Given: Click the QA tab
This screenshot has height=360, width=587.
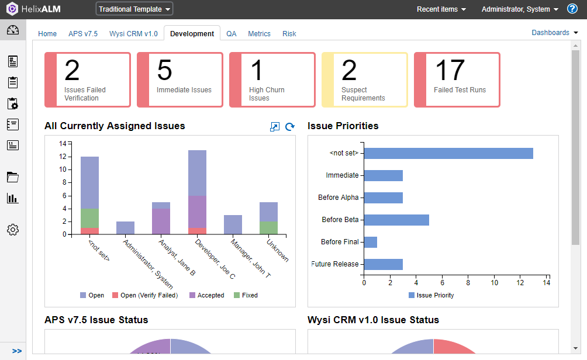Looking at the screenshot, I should [x=232, y=34].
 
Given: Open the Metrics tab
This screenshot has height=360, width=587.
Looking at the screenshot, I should [x=259, y=34].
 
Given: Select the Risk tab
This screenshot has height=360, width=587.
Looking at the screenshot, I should [x=289, y=34].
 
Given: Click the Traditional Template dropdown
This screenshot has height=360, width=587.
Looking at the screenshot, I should [x=134, y=9].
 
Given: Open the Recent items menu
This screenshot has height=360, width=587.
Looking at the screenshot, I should [x=441, y=9].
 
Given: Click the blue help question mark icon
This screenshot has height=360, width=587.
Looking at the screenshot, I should [x=572, y=9].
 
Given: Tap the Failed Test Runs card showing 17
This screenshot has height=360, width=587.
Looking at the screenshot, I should [x=457, y=79].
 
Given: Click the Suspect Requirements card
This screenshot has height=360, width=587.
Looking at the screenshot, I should [x=365, y=79].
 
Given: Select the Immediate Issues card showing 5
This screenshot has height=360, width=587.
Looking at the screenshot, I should [x=180, y=79].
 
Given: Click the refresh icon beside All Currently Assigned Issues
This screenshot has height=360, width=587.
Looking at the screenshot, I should [x=289, y=127].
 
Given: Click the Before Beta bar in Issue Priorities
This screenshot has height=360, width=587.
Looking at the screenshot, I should [x=396, y=220].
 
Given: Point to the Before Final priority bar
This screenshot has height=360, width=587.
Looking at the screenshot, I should [x=371, y=242].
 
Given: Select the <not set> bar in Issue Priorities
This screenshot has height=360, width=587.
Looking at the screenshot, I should [x=448, y=153].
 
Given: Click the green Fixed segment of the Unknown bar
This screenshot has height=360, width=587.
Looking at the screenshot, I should [x=268, y=227].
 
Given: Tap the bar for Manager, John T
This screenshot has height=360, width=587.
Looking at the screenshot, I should [x=233, y=224].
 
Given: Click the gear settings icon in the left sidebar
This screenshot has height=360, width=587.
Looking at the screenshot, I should [x=13, y=230].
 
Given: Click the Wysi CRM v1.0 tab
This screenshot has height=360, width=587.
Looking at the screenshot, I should [x=133, y=34].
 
